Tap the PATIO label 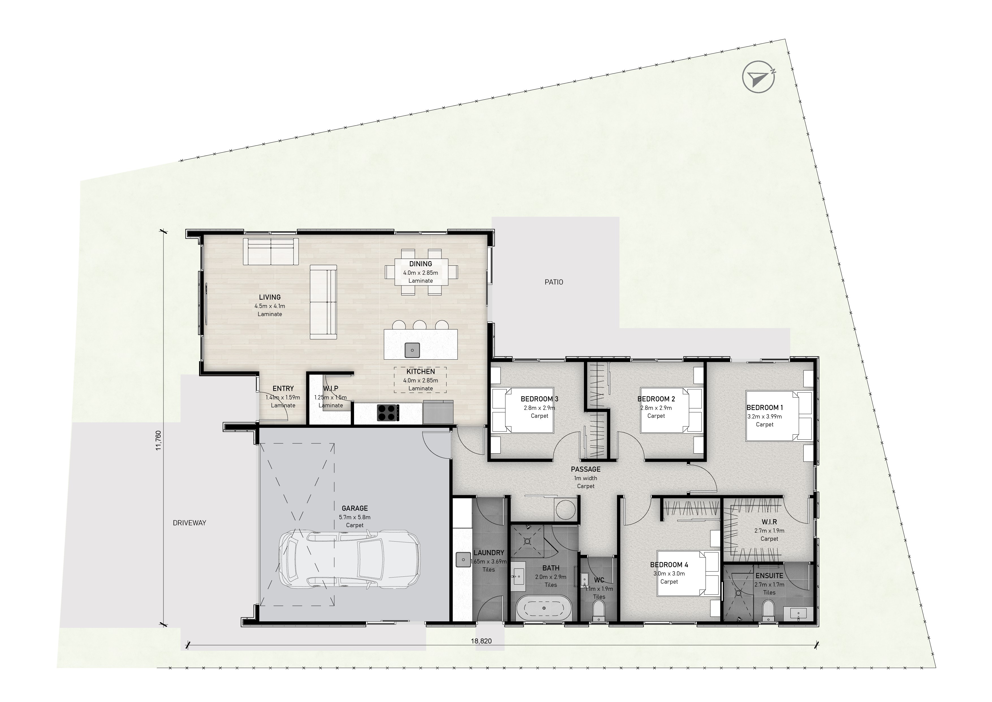point(554,282)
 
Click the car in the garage point(349,561)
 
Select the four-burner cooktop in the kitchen point(388,412)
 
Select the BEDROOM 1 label point(765,408)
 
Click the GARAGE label point(355,508)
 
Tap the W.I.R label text point(769,522)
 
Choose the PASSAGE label point(585,469)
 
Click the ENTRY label point(283,388)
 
